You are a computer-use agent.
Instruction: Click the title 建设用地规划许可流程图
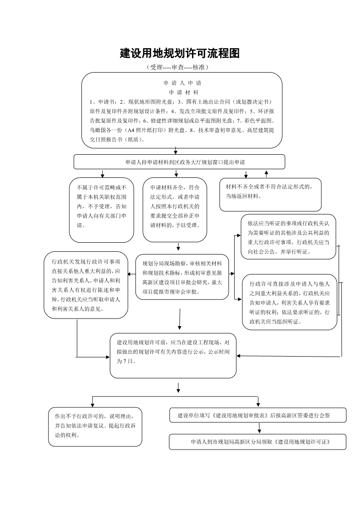[x=180, y=54]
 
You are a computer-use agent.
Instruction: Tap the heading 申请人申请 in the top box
[x=182, y=83]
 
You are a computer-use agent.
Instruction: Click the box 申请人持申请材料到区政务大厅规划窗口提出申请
[x=179, y=162]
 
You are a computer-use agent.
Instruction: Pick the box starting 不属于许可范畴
[x=101, y=210]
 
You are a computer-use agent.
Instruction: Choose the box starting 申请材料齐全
[x=175, y=210]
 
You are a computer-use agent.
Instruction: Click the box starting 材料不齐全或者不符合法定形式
[x=270, y=195]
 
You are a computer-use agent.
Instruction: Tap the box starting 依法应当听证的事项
[x=288, y=237]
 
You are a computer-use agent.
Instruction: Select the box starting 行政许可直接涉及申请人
[x=290, y=302]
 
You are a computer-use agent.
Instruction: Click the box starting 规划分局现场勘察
[x=182, y=277]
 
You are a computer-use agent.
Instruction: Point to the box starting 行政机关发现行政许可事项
[x=86, y=285]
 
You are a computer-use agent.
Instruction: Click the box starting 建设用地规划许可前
[x=173, y=356]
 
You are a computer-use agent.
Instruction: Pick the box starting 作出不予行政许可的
[x=95, y=427]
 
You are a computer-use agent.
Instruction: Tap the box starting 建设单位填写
[x=258, y=415]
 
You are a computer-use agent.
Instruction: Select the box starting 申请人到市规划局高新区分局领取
[x=258, y=442]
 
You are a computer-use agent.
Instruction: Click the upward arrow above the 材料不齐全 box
[x=266, y=174]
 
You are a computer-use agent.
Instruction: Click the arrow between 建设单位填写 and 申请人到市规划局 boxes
[x=259, y=428]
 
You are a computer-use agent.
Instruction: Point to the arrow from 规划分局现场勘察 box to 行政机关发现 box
[x=132, y=274]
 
